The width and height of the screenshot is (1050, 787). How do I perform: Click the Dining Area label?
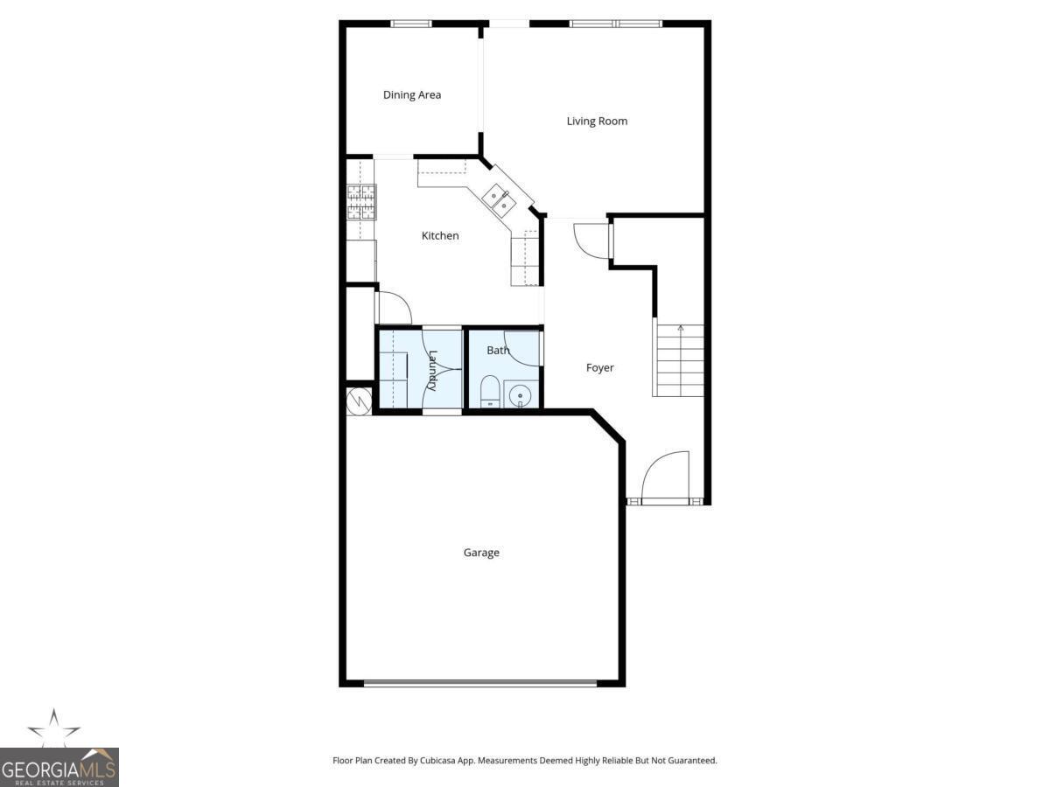[412, 94]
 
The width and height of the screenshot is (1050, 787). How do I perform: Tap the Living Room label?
[597, 121]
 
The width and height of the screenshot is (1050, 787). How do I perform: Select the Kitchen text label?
[440, 235]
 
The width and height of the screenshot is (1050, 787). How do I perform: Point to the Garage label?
[481, 553]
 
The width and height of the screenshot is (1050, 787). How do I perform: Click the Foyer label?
[599, 368]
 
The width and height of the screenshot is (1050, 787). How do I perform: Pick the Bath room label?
[498, 350]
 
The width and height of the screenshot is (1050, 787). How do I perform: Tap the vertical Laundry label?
[432, 370]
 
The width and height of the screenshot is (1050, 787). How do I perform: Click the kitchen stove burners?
[361, 202]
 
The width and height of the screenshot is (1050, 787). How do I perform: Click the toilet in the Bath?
[489, 393]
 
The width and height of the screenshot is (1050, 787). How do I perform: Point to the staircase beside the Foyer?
[680, 359]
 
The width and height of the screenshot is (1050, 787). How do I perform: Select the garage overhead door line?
[480, 682]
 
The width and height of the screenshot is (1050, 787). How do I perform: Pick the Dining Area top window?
[411, 24]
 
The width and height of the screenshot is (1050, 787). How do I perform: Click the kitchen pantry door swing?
[394, 308]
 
